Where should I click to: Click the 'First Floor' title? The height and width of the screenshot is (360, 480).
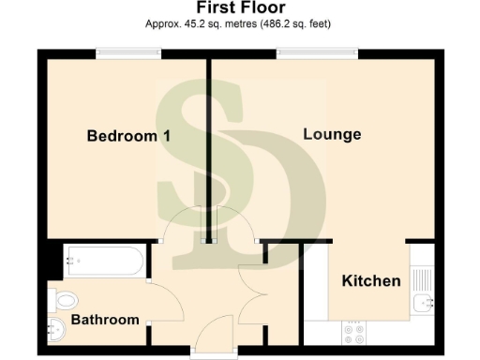tap(240, 9)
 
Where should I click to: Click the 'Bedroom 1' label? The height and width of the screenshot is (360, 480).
tap(128, 137)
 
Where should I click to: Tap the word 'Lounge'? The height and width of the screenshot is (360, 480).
tap(332, 135)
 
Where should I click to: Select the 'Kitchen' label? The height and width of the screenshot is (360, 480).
tap(371, 281)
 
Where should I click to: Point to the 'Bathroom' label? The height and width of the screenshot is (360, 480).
tap(105, 320)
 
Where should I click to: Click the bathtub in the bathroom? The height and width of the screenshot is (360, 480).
tap(103, 262)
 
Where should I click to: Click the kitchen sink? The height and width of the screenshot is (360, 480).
tap(421, 302)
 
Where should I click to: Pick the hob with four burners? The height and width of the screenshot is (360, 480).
tap(354, 331)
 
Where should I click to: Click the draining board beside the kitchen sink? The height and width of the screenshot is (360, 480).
tap(421, 276)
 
